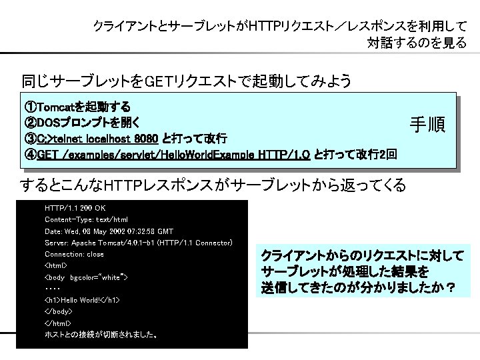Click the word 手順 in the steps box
click(427, 125)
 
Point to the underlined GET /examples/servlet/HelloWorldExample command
click(173, 155)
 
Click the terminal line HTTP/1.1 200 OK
click(75, 208)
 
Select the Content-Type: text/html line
click(86, 219)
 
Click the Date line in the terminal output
click(109, 231)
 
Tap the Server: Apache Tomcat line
click(138, 242)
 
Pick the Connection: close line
click(74, 254)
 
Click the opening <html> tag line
click(56, 265)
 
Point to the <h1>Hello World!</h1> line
click(82, 300)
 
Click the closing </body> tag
click(58, 311)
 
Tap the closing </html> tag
click(57, 323)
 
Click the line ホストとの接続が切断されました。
click(101, 335)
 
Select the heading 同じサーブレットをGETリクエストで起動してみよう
click(186, 82)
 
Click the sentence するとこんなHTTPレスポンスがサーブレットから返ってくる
click(213, 185)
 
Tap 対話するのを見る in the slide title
click(416, 43)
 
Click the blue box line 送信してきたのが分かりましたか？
click(359, 288)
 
